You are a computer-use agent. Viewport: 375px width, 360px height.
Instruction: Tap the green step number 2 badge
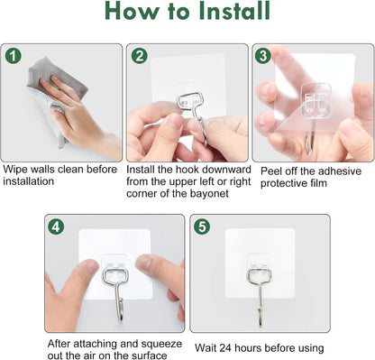[139, 56]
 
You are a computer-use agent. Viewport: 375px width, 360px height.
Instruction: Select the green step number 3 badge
[263, 56]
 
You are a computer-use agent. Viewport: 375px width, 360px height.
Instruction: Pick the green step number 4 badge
[57, 226]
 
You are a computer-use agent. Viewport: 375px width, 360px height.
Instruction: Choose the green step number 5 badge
[203, 226]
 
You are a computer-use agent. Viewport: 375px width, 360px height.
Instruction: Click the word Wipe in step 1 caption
[16, 169]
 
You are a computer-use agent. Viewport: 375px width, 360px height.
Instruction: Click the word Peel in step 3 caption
[272, 170]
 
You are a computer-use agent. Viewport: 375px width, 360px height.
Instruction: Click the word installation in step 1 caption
[29, 181]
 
